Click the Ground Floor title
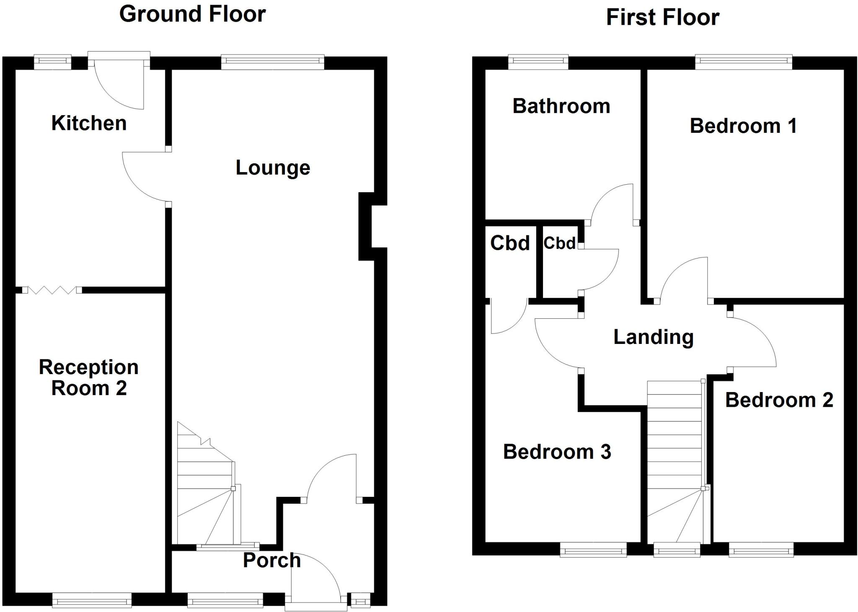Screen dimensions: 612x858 point(192,14)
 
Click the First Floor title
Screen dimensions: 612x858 point(662,18)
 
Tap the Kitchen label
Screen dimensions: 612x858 point(89,123)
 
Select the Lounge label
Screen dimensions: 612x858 point(273,168)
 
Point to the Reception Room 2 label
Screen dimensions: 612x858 point(89,377)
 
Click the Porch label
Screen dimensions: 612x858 point(272,560)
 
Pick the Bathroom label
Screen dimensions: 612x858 point(561,106)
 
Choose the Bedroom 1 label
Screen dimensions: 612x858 point(743,126)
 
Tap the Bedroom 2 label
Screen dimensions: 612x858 point(779,400)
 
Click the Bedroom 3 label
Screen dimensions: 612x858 point(557,452)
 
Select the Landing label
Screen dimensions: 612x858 point(653,337)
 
